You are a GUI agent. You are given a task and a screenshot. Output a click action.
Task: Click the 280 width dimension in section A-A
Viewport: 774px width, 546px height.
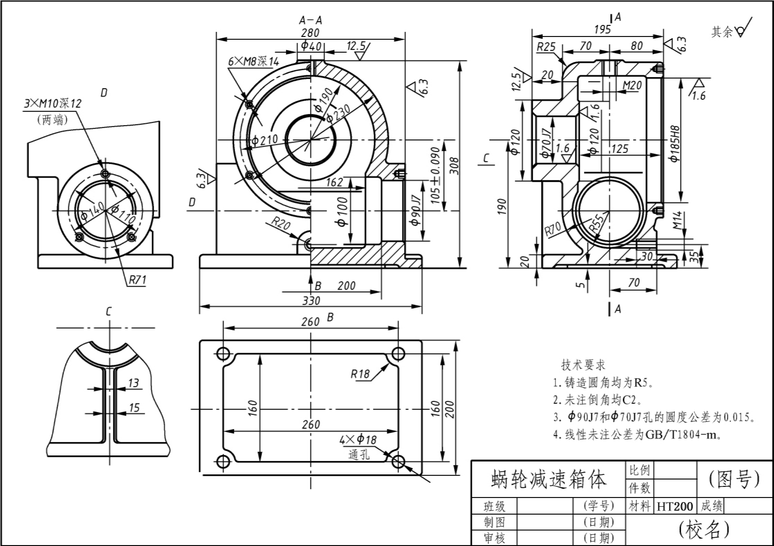(x=310, y=33)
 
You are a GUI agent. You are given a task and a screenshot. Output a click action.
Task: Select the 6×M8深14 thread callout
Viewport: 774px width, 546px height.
(x=254, y=61)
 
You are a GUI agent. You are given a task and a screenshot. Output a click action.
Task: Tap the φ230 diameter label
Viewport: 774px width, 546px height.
(x=338, y=114)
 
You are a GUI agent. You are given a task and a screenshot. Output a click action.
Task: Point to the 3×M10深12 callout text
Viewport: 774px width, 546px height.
(x=53, y=103)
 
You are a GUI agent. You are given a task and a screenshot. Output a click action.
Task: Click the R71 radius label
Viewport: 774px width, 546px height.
(x=137, y=280)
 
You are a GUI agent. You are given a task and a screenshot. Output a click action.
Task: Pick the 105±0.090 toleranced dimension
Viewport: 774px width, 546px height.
(x=435, y=175)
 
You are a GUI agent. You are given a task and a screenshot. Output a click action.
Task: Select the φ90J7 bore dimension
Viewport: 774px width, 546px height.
(x=416, y=210)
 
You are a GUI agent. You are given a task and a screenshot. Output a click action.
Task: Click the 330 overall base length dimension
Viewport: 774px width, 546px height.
(x=311, y=300)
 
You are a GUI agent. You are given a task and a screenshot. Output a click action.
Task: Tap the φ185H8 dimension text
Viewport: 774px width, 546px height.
(x=675, y=144)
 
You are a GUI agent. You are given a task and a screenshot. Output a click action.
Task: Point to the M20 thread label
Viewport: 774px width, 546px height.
(x=632, y=85)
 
